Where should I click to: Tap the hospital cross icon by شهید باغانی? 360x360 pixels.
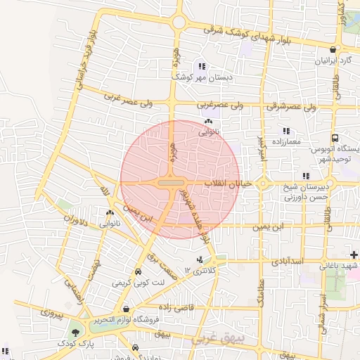(x=354, y=254)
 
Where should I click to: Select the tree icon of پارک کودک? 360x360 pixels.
(x=75, y=332)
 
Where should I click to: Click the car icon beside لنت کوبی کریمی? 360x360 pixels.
(x=138, y=272)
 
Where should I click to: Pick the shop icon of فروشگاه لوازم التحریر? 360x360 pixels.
(x=126, y=309)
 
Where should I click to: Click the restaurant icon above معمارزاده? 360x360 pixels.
(x=285, y=131)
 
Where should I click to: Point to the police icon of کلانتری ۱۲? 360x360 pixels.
(x=200, y=259)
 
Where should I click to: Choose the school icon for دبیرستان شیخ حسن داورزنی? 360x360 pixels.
(x=305, y=176)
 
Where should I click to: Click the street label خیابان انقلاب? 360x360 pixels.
(x=223, y=184)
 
